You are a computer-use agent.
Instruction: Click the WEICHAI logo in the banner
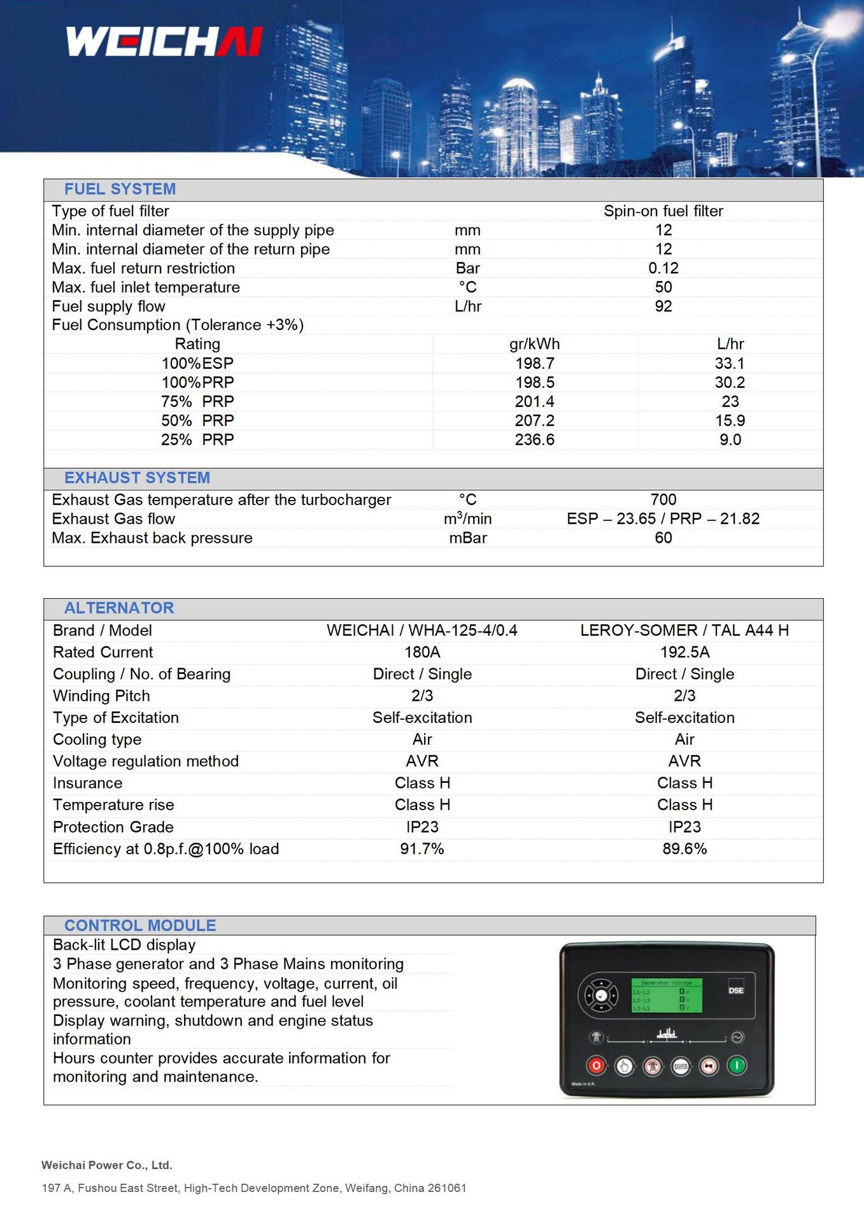[x=164, y=41]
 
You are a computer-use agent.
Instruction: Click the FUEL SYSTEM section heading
[x=120, y=189]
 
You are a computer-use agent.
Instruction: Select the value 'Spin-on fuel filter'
[x=663, y=211]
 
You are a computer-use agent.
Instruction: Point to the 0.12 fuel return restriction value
[x=663, y=268]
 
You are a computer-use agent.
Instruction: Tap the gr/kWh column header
[x=534, y=344]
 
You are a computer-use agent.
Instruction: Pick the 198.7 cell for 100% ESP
[x=534, y=363]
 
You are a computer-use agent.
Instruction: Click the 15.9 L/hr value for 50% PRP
[x=730, y=420]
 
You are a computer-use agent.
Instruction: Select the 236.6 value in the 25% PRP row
[x=534, y=440]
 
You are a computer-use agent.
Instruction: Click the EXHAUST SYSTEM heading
[x=137, y=478]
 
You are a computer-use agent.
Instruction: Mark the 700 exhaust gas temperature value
[x=663, y=499]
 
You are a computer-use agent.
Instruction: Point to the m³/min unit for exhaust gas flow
[x=467, y=519]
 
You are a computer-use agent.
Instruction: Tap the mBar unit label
[x=467, y=538]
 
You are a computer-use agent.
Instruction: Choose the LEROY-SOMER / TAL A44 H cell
[x=684, y=630]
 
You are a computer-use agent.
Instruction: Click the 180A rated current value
[x=422, y=652]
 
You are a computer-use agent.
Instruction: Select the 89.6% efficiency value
[x=684, y=848]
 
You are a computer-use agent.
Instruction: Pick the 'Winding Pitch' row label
[x=101, y=696]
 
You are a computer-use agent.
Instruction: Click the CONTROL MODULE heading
[x=140, y=926]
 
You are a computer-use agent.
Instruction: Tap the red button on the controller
[x=596, y=1065]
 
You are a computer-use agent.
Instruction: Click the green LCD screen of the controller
[x=666, y=996]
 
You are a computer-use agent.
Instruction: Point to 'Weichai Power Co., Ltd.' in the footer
[x=107, y=1165]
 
